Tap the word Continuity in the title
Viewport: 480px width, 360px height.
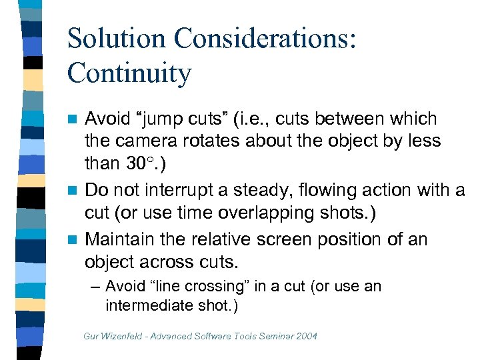129,73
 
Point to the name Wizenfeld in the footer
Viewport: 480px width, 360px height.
122,335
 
